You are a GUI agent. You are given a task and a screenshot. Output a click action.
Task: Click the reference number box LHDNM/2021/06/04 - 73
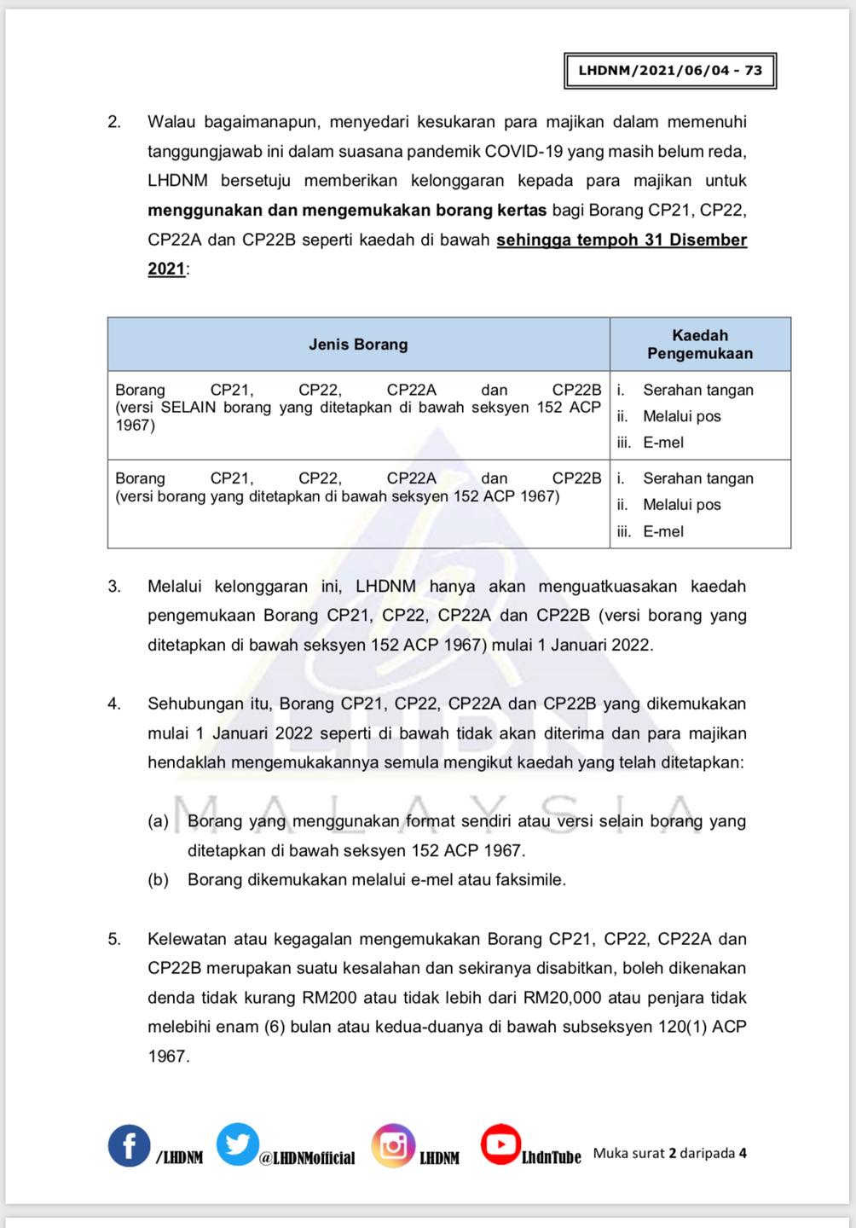(x=670, y=71)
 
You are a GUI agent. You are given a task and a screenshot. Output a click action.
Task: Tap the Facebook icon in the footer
(x=130, y=1145)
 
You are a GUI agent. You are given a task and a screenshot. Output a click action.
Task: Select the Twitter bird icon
(x=237, y=1144)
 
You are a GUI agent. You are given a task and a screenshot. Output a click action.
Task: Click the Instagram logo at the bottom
(x=393, y=1145)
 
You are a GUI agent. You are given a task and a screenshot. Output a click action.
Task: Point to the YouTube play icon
(x=500, y=1144)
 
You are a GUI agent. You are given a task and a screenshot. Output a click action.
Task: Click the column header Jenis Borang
(x=358, y=345)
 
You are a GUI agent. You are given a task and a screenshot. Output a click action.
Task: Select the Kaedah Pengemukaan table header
(x=700, y=345)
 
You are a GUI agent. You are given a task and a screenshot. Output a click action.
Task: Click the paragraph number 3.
(x=114, y=587)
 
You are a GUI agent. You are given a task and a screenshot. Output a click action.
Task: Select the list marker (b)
(x=159, y=880)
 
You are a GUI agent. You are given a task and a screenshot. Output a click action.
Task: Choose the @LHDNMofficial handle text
(x=307, y=1158)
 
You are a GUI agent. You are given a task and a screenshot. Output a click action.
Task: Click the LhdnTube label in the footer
(x=551, y=1157)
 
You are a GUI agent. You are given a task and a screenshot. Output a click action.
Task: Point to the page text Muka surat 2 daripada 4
(x=670, y=1154)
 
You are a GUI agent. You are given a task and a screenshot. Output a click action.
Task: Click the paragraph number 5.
(x=114, y=940)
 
